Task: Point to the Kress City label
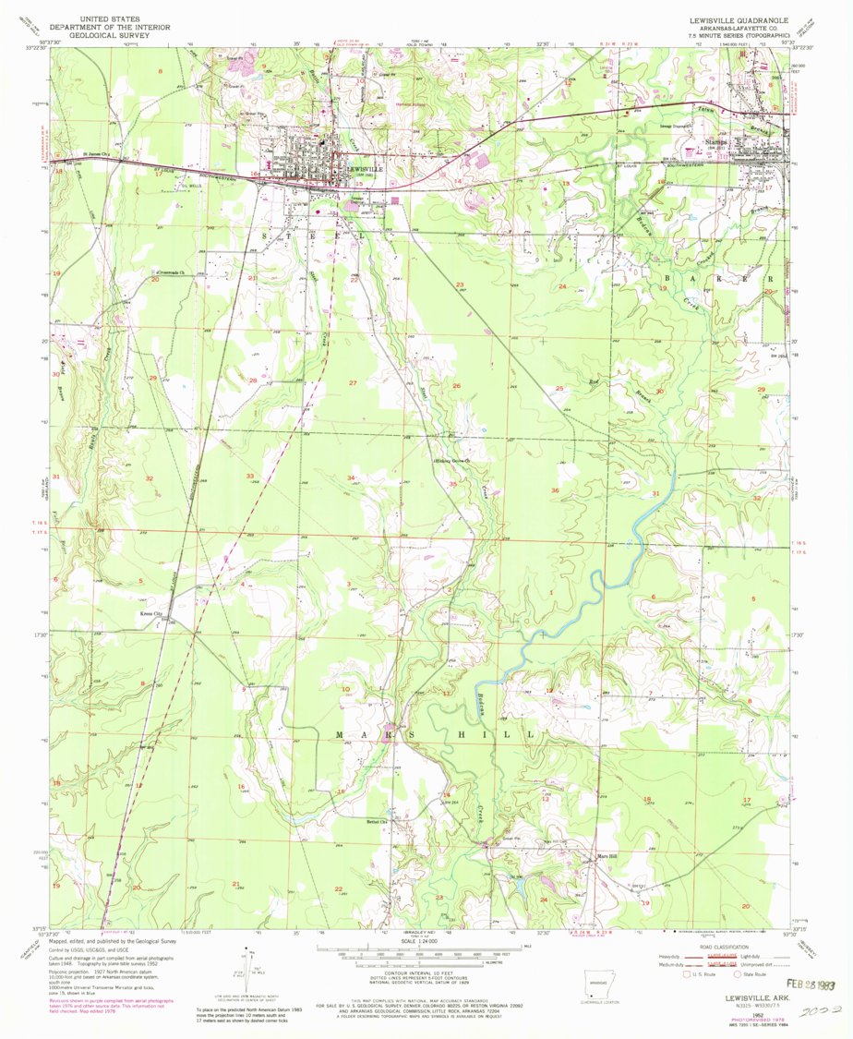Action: tap(150, 613)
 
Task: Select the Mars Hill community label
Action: tap(605, 855)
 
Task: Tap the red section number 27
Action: tap(352, 382)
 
